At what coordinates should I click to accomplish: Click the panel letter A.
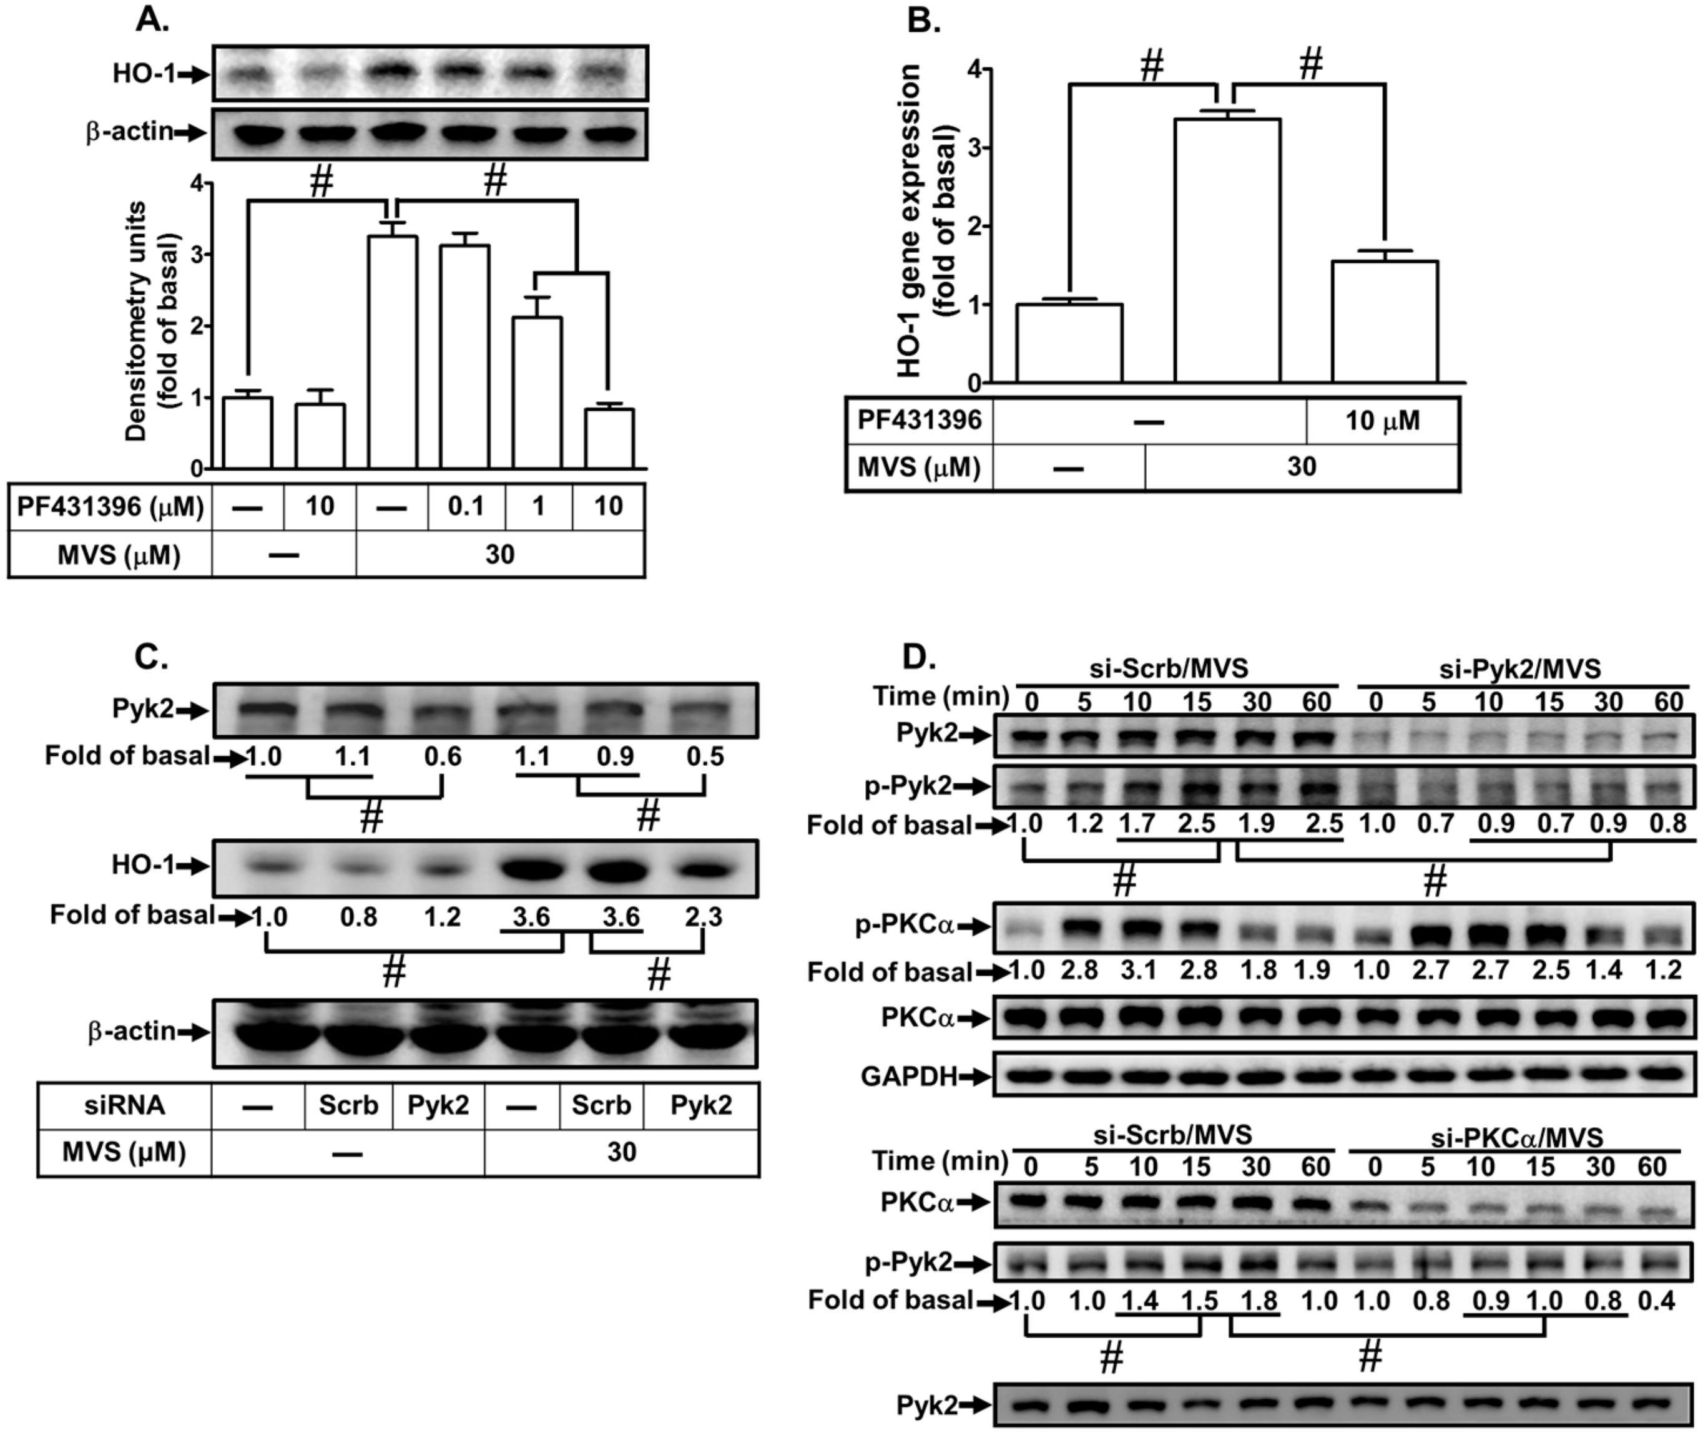(152, 19)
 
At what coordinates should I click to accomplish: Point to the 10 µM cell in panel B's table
(1382, 421)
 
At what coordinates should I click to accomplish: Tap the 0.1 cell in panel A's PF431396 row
(466, 506)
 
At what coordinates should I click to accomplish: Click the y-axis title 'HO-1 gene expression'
(909, 221)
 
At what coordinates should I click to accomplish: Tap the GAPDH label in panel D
(908, 1077)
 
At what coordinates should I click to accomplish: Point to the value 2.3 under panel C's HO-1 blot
(703, 917)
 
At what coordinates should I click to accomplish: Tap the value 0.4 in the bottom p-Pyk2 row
(1655, 1299)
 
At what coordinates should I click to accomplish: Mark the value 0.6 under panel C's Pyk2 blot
(442, 756)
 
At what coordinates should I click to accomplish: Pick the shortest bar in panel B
(1069, 343)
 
